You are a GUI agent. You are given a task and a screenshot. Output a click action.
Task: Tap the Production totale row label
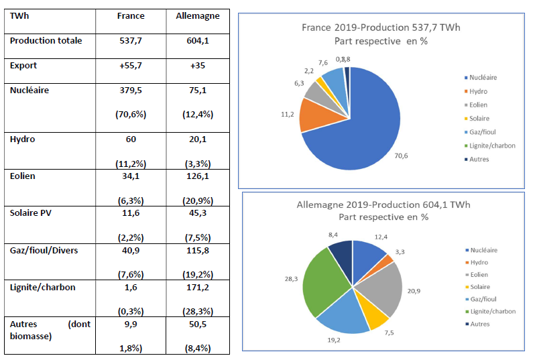click(46, 41)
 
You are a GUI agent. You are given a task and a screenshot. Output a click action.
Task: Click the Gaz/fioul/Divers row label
click(44, 251)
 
